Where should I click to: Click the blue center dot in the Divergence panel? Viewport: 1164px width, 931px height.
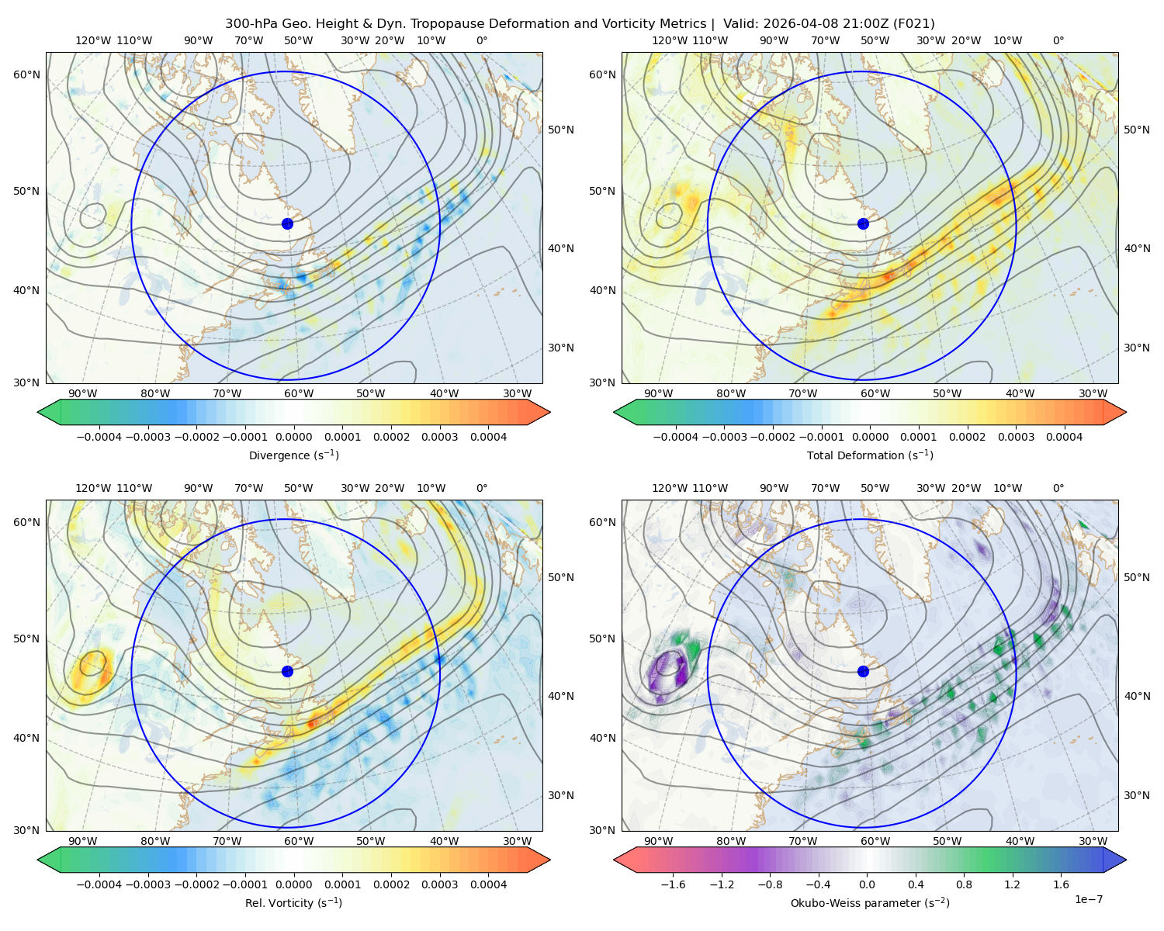[287, 223]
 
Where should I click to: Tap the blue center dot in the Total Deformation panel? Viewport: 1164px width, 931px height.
[863, 223]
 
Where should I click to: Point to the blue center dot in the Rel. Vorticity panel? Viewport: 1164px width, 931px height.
[287, 671]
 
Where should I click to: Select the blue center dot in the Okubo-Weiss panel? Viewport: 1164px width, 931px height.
[863, 671]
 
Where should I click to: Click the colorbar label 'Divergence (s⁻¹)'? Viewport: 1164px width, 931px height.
[293, 455]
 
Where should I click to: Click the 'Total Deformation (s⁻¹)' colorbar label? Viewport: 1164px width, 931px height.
[870, 455]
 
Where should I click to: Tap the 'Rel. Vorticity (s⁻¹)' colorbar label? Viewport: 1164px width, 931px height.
[293, 902]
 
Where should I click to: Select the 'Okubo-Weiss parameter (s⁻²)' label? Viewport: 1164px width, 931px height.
[870, 902]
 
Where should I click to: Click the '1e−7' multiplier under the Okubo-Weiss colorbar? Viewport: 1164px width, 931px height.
[1088, 899]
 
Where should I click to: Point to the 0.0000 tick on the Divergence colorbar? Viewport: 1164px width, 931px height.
[293, 437]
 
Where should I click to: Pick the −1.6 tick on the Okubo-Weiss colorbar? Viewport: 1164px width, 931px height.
[673, 884]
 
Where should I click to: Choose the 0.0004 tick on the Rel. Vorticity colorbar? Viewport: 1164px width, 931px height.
[488, 884]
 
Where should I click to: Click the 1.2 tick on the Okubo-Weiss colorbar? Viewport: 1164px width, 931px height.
[1012, 884]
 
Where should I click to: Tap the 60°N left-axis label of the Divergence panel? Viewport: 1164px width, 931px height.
[26, 74]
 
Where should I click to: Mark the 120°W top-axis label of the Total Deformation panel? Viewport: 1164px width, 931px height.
[669, 40]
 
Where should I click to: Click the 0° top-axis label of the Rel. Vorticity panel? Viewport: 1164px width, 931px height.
[481, 488]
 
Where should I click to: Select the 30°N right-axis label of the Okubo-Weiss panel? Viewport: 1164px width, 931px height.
[1136, 795]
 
